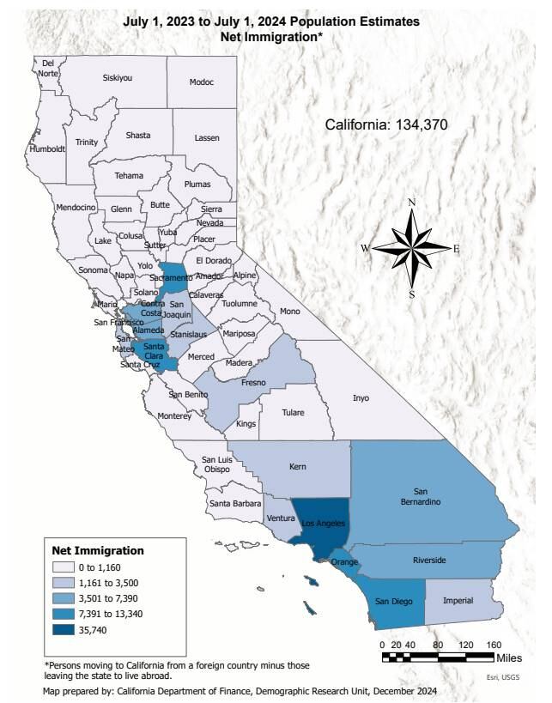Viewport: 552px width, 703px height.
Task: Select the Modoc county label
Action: (x=202, y=82)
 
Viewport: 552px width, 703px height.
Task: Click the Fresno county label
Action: (x=252, y=382)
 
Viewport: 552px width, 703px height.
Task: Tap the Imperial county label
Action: (x=458, y=600)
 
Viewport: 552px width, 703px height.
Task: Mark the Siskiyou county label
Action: (x=118, y=77)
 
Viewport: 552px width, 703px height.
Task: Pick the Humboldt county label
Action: (x=47, y=148)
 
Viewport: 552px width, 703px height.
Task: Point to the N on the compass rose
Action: (x=412, y=203)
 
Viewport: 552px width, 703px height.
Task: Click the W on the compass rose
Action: (x=365, y=248)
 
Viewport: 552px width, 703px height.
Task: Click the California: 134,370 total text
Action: (x=386, y=125)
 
